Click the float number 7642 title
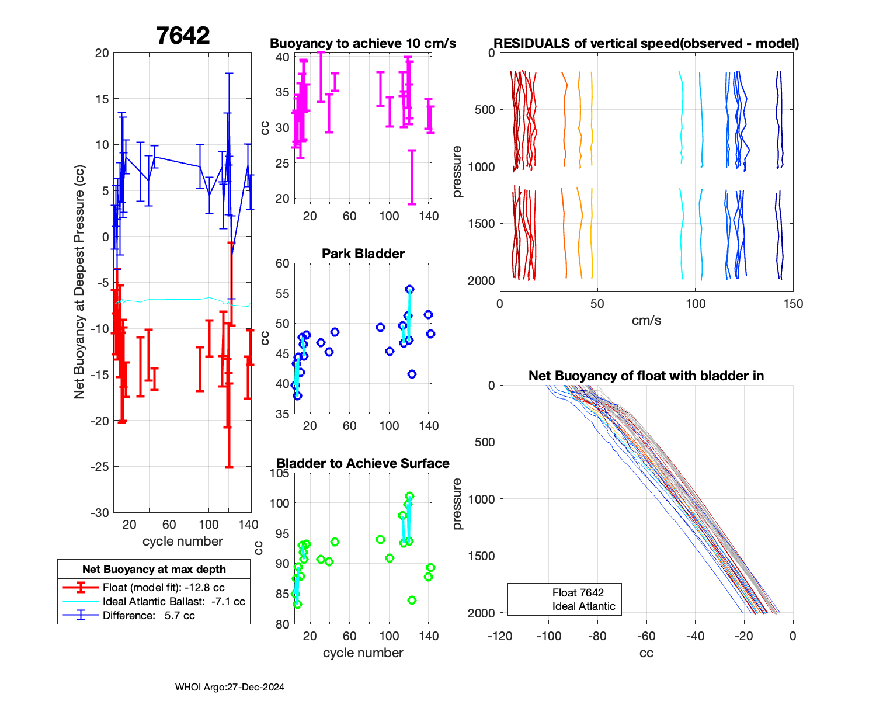[183, 36]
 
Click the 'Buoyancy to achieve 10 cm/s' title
[363, 44]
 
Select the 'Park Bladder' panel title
[363, 254]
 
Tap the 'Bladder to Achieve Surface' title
[363, 464]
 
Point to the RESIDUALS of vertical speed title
[646, 44]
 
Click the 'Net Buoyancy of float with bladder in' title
[646, 376]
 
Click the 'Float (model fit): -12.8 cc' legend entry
[164, 588]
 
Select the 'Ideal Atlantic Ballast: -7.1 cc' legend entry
[173, 602]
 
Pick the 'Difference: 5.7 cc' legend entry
[148, 616]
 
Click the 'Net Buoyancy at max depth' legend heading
[154, 570]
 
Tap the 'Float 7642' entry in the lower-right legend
[578, 593]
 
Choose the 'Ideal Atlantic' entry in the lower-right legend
[583, 606]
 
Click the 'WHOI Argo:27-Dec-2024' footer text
[230, 688]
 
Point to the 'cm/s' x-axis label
[646, 321]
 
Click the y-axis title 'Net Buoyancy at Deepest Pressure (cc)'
[79, 283]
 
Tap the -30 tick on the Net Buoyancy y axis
[100, 513]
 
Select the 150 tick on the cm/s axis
[792, 304]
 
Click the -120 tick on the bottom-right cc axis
[500, 636]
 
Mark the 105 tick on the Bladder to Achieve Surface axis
[280, 473]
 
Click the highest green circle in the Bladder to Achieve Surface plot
[409, 497]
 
